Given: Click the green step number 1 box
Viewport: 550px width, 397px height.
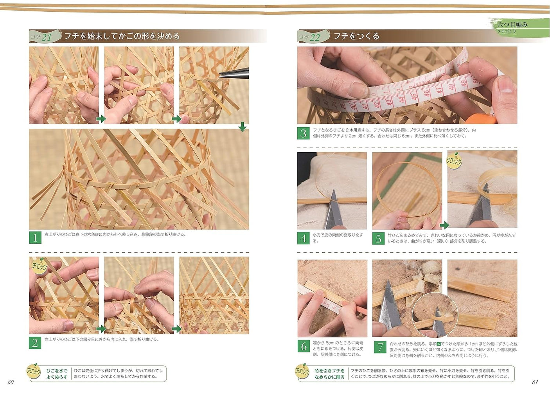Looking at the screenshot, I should coord(35,237).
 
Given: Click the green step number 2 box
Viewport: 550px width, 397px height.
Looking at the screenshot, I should coord(35,343).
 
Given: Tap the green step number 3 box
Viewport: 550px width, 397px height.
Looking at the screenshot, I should coord(304,133).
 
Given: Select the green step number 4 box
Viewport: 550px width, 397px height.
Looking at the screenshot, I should coord(304,238).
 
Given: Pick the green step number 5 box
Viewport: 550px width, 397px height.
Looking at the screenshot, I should coord(378,238).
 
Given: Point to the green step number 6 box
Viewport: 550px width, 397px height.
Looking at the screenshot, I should coord(304,346).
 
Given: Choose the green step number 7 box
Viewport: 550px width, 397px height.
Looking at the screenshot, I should coord(380,347).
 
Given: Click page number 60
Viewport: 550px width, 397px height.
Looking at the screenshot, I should coord(11,382).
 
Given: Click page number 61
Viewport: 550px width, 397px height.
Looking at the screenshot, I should coord(535,382).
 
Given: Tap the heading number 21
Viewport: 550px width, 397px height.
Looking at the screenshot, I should coord(47,37).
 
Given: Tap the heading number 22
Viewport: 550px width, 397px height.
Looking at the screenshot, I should coord(315,37).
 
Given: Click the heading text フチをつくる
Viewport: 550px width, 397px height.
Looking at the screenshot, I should coord(356,36).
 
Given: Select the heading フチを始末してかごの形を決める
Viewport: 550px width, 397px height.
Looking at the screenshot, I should coord(122,36).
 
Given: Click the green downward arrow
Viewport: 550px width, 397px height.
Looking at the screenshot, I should coord(243,127).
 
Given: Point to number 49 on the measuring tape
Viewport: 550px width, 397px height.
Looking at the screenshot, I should coord(463,83).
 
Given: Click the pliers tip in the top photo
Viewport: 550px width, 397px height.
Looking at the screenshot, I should coord(221,75).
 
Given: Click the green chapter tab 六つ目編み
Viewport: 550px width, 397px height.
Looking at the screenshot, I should coord(512,25).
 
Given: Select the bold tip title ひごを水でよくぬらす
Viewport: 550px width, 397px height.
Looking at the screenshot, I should coord(57,374).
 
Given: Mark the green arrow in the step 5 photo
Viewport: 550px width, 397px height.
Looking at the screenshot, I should coord(444,225).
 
